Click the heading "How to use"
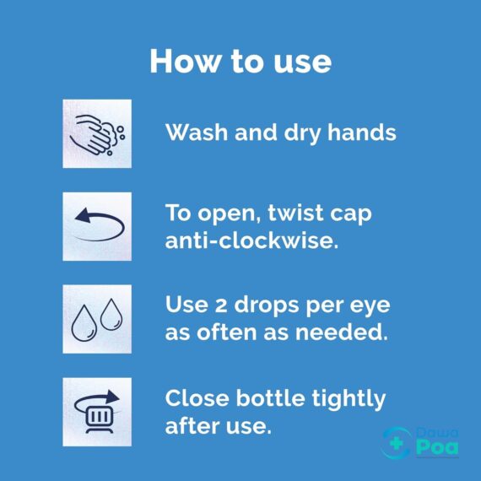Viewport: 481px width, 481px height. coord(240,61)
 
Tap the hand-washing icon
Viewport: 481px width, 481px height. coord(97,133)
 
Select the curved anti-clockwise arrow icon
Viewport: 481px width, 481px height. coord(97,226)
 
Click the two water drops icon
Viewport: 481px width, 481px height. coord(97,319)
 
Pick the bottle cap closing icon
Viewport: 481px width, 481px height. coord(97,412)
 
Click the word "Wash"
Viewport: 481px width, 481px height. coord(193,133)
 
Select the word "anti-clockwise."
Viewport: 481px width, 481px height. coord(251,240)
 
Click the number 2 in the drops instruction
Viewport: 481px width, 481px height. coord(222,306)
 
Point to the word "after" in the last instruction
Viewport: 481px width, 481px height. coord(190,425)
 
